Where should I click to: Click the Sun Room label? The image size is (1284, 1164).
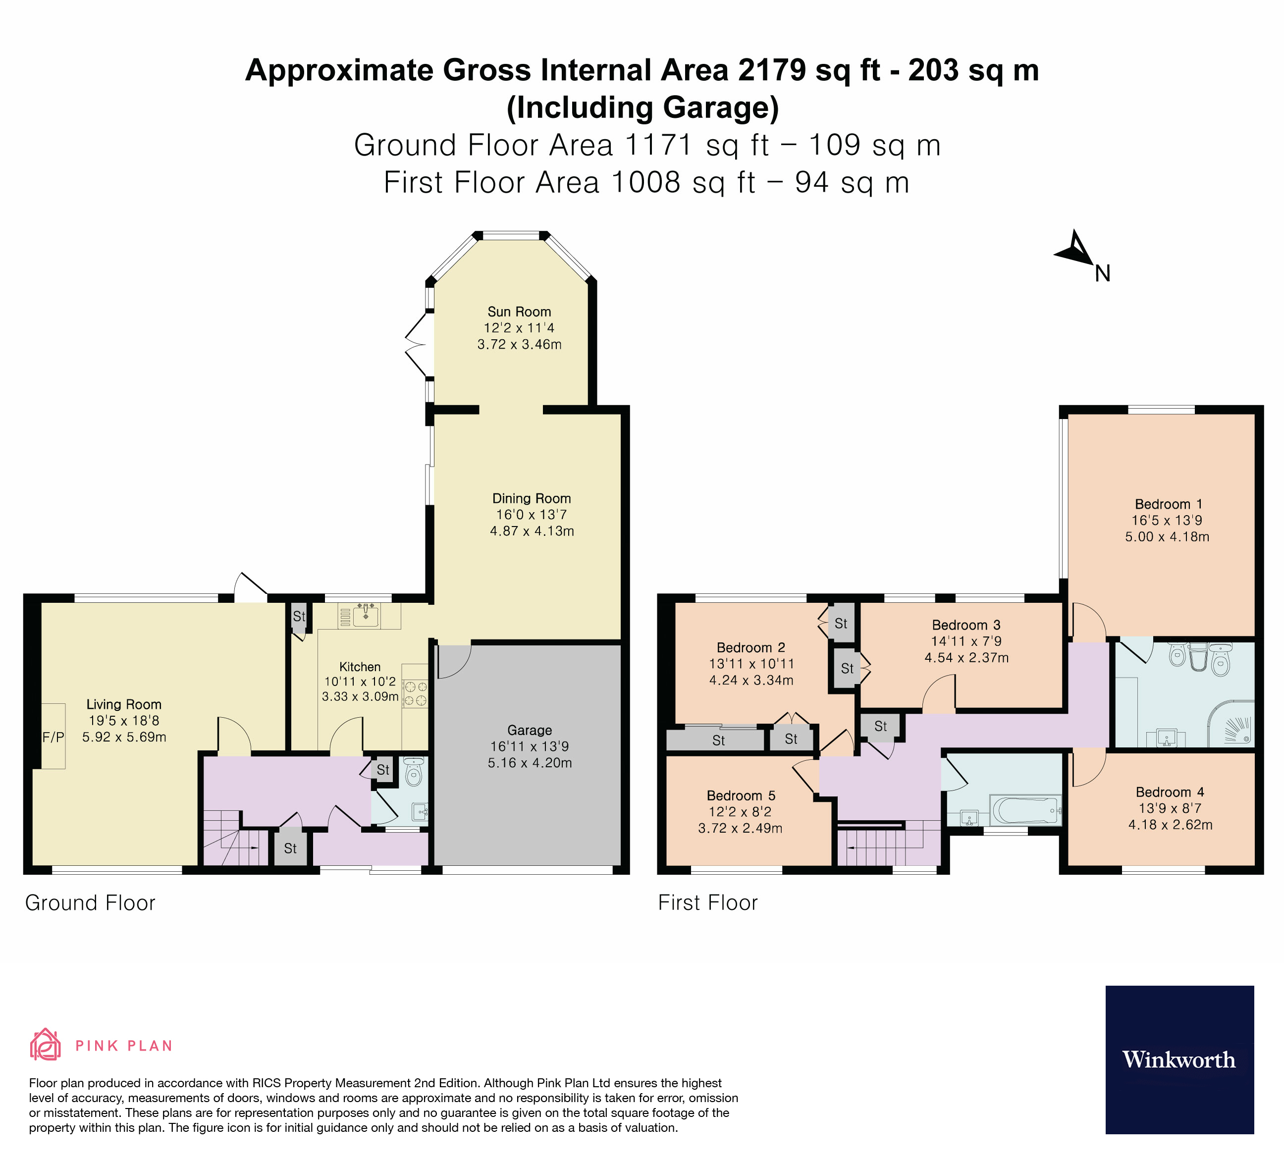(x=519, y=312)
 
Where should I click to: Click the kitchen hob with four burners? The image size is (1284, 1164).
(x=415, y=693)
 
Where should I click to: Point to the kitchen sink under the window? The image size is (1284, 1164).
(x=366, y=615)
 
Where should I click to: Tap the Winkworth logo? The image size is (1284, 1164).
(x=1179, y=1059)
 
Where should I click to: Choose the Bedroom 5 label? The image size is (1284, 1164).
(x=741, y=795)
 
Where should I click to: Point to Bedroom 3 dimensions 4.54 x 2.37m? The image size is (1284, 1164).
(x=966, y=658)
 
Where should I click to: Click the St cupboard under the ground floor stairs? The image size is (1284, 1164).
(x=290, y=848)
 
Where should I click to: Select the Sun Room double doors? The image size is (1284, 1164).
(x=417, y=346)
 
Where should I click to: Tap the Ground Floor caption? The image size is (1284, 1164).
(x=90, y=903)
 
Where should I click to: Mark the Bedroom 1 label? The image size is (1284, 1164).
(x=1168, y=504)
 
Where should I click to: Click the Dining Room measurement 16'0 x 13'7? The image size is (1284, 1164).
(x=531, y=515)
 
